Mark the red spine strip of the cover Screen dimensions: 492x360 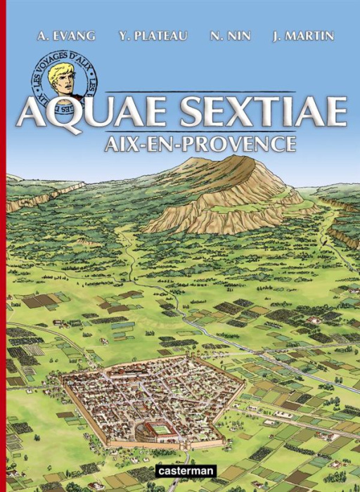[2, 246]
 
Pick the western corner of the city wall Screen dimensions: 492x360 [61, 379]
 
